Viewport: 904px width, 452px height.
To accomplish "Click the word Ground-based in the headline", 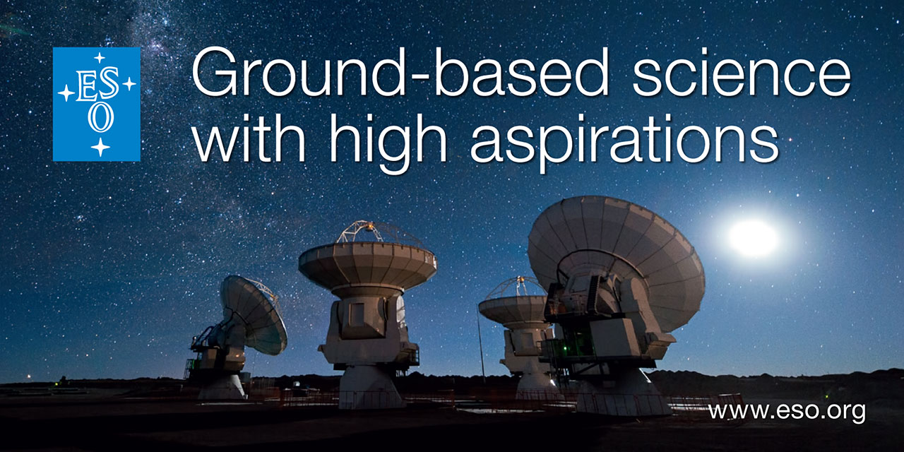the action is pos(400,72).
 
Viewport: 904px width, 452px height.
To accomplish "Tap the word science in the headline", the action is pos(742,72).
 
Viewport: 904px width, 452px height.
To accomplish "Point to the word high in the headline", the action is pos(388,143).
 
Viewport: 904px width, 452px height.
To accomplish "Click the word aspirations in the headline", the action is pos(624,143).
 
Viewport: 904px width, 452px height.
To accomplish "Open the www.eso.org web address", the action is pos(787,412).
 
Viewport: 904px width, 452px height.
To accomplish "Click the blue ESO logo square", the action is pos(97,104).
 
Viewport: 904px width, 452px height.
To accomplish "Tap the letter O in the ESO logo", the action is pos(100,118).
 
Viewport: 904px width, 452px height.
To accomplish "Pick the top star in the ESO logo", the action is pos(100,58).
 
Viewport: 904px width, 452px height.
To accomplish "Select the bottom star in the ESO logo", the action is pos(100,147).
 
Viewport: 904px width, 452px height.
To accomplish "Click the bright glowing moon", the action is pos(753,238).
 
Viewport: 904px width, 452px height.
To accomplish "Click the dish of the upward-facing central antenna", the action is pos(367,264).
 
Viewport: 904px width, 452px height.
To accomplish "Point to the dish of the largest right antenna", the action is pos(617,258).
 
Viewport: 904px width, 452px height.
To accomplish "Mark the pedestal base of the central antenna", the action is pos(371,388).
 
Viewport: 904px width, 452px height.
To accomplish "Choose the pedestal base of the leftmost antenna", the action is pos(222,386).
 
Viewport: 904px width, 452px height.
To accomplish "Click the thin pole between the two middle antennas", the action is pos(480,347).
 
